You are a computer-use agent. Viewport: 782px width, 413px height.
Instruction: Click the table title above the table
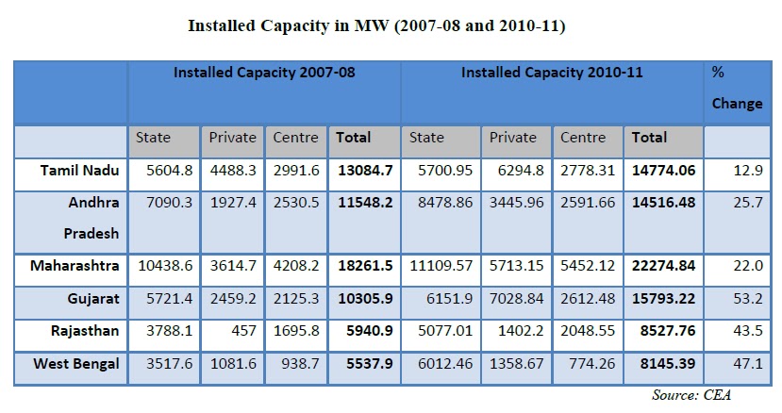391,26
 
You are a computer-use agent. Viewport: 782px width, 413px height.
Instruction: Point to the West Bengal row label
75,364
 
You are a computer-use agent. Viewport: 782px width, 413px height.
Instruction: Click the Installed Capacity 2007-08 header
264,72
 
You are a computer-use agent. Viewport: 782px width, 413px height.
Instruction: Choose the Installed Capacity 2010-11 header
552,72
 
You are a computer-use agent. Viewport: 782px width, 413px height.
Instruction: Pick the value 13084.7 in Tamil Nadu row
363,171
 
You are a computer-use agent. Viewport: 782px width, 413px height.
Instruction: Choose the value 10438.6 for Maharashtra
164,267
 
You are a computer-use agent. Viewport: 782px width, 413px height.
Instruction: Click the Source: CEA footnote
691,395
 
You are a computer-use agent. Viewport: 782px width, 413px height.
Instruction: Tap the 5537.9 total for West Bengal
363,364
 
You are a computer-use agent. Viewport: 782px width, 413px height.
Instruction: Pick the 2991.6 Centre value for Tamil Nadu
295,171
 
